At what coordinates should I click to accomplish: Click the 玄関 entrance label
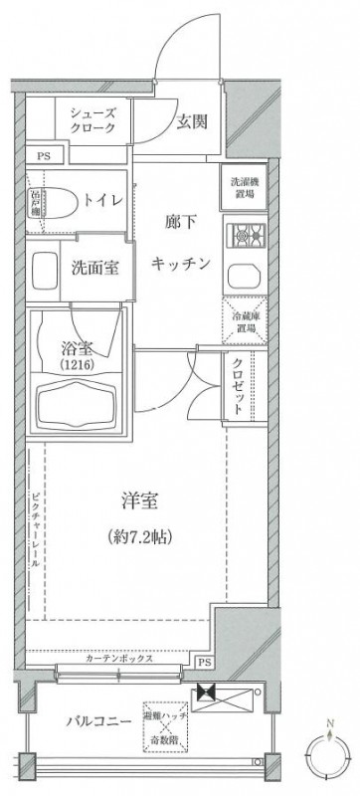[192, 123]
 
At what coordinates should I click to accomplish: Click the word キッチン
[181, 263]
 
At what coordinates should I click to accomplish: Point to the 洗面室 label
[97, 267]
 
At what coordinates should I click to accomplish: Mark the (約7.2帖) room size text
[140, 537]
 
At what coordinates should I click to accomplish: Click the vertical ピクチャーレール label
[34, 527]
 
